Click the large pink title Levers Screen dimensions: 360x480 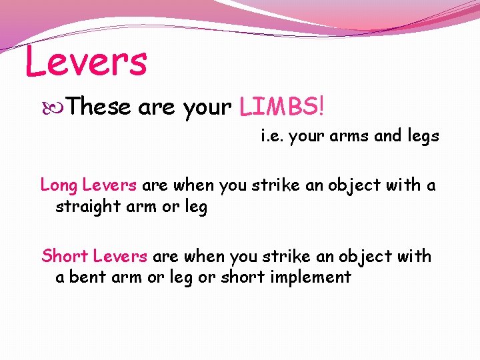pos(85,61)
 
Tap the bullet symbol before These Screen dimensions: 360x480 pos(58,106)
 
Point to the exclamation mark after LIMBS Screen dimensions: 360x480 pos(323,105)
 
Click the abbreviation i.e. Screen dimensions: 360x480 pos(272,137)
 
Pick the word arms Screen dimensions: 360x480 pos(350,137)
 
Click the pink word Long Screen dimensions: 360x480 pos(59,185)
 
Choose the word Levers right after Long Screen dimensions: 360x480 pos(109,185)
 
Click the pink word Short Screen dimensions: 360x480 pos(65,255)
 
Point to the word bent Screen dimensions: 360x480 pos(83,277)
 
